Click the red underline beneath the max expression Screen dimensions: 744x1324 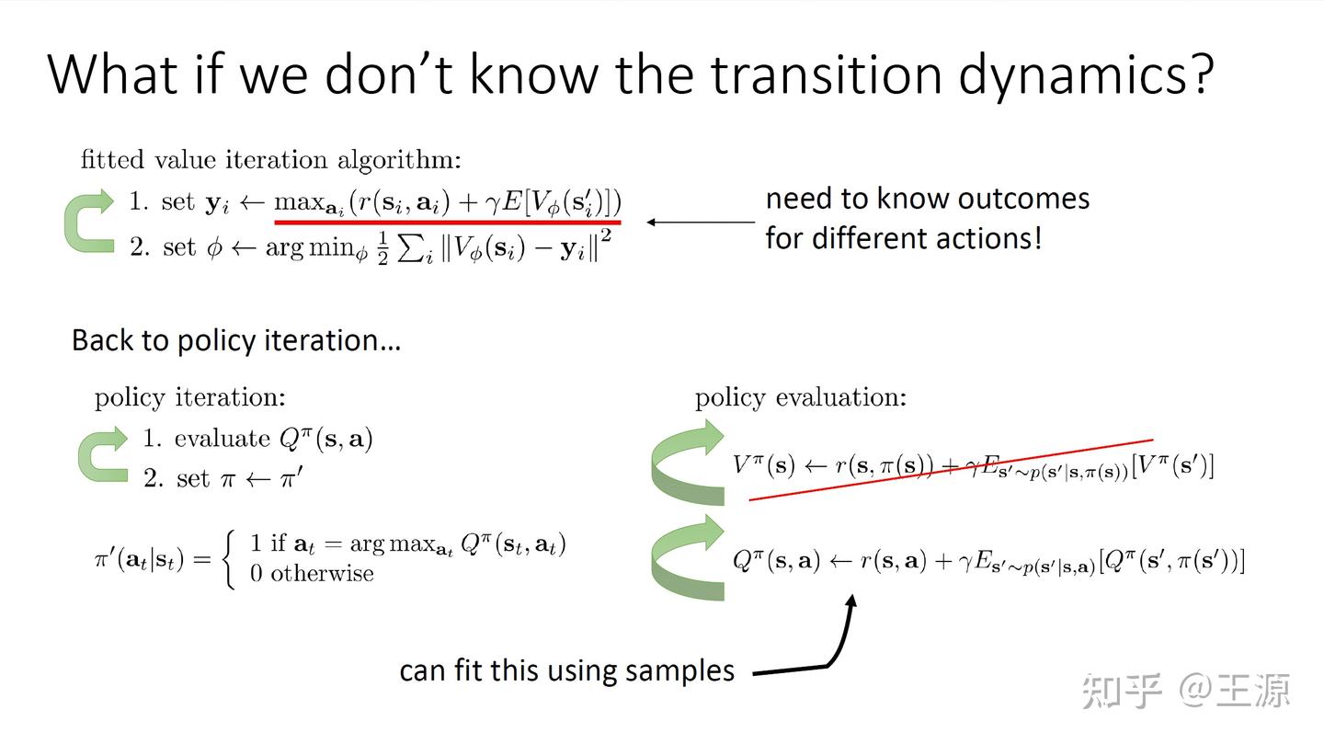tap(448, 222)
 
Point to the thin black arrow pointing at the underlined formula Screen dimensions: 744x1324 tap(699, 222)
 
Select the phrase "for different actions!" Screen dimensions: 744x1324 tap(904, 238)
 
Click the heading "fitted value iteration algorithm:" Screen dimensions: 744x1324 tap(270, 160)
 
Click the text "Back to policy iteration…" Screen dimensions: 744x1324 tap(236, 340)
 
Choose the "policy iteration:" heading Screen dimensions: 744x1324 tap(189, 397)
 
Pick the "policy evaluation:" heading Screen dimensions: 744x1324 tap(800, 397)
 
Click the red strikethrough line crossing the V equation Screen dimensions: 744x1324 tap(951, 470)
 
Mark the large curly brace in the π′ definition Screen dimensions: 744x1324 tap(231, 558)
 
